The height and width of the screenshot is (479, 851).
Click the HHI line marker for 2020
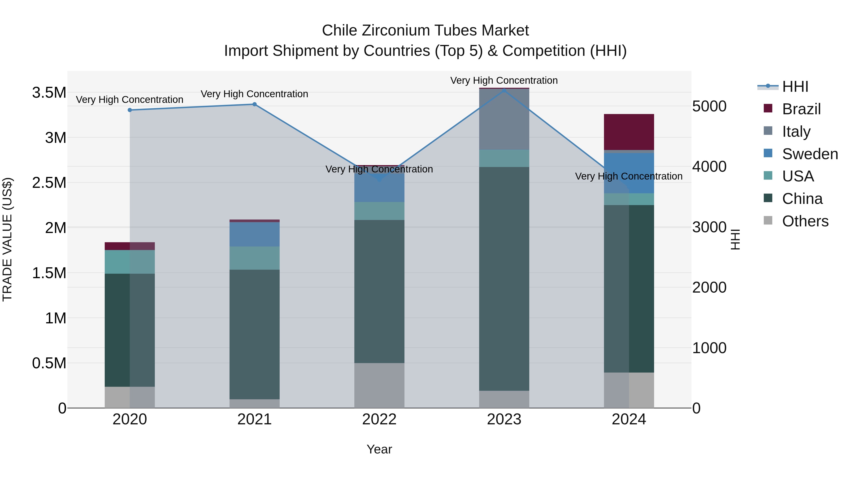point(130,110)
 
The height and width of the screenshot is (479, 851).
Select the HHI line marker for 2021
point(254,105)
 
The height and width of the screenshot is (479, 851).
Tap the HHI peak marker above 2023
point(504,90)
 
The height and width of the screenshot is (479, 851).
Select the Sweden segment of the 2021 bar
point(254,234)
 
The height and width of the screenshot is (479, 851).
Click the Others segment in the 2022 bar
point(379,386)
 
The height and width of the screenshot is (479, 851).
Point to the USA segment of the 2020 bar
point(130,262)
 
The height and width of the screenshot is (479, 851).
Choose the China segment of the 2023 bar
point(504,279)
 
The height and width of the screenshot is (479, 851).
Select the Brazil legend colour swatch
point(768,108)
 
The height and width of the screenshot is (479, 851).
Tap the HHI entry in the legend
point(795,87)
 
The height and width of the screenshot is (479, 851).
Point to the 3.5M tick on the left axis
point(49,92)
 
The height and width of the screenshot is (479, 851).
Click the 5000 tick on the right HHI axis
point(709,106)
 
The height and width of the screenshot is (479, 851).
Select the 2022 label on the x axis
point(379,419)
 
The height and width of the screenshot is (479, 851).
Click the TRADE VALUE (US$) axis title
point(7,239)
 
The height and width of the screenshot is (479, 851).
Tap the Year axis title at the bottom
point(379,449)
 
